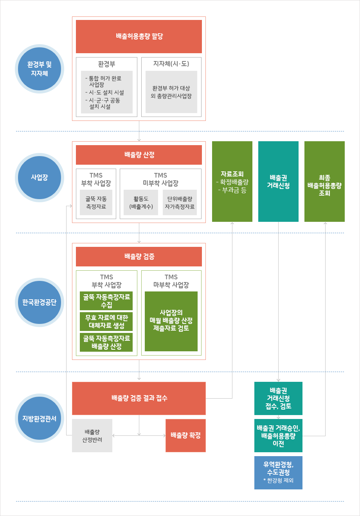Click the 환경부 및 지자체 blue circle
[40, 68]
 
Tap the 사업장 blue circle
[40, 177]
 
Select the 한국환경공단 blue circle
[40, 302]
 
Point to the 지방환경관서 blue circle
[40, 418]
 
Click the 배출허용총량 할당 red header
[139, 36]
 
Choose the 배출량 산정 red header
[139, 155]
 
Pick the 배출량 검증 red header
[139, 257]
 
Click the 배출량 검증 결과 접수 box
[139, 398]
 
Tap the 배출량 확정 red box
[185, 435]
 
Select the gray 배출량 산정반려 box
[92, 435]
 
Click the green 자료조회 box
[232, 182]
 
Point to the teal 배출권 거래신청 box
[278, 182]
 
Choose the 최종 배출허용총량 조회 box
[324, 182]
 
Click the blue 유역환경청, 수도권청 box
[278, 473]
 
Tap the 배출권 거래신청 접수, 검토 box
[278, 398]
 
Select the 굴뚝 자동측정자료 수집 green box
[106, 301]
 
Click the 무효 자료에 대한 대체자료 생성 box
[106, 322]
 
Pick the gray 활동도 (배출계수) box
[141, 203]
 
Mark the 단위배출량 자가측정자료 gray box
[180, 203]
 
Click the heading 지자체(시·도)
[171, 63]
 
